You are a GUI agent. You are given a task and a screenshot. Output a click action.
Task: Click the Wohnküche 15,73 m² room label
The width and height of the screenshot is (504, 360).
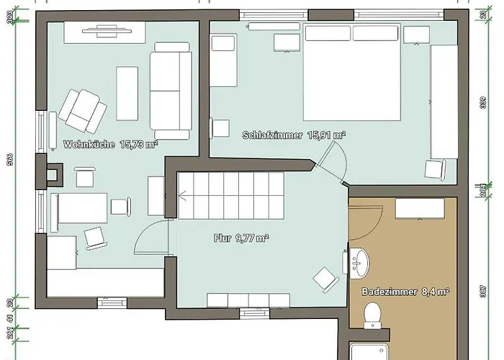[110, 144]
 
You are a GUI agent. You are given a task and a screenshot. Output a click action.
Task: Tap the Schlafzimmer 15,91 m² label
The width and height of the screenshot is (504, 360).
[293, 135]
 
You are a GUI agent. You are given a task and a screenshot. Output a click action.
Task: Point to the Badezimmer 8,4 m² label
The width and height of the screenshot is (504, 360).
[405, 292]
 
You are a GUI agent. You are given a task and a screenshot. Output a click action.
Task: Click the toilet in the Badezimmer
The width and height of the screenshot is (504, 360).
[373, 314]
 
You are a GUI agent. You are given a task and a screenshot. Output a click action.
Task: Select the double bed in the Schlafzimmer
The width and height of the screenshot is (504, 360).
[352, 71]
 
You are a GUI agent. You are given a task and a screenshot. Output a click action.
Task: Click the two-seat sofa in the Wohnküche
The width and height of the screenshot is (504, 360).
[170, 90]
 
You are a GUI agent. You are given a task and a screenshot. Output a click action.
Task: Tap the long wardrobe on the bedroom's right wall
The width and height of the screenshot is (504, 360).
[443, 101]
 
